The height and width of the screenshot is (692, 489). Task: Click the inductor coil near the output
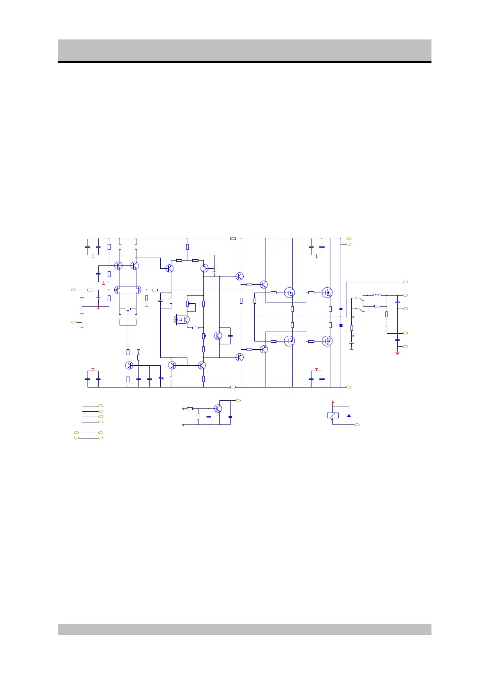point(377,295)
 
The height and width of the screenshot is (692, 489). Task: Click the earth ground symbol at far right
point(397,353)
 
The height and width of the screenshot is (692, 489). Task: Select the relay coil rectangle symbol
point(332,415)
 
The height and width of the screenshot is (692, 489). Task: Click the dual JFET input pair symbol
point(128,290)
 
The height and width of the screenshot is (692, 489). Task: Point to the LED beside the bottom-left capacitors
point(161,378)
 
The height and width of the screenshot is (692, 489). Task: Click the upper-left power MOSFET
point(289,293)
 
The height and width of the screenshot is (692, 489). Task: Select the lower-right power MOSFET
point(327,341)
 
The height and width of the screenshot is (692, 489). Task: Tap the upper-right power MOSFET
point(327,293)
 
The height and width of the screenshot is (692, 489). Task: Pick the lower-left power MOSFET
point(289,341)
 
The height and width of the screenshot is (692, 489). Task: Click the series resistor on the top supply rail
point(233,238)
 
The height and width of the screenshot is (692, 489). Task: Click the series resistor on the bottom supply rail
point(233,387)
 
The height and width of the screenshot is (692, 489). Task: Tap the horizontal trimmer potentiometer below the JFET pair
point(128,309)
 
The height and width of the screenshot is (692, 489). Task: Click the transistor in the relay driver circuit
point(218,408)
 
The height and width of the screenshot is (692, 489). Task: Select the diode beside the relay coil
point(349,416)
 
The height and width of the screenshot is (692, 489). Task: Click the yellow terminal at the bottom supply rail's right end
point(349,387)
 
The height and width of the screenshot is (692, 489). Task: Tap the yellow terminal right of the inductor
point(406,295)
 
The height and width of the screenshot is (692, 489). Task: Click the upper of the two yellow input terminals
point(74,290)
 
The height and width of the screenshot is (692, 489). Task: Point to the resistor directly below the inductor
point(377,306)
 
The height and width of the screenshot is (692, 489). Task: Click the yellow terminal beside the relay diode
point(357,424)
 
